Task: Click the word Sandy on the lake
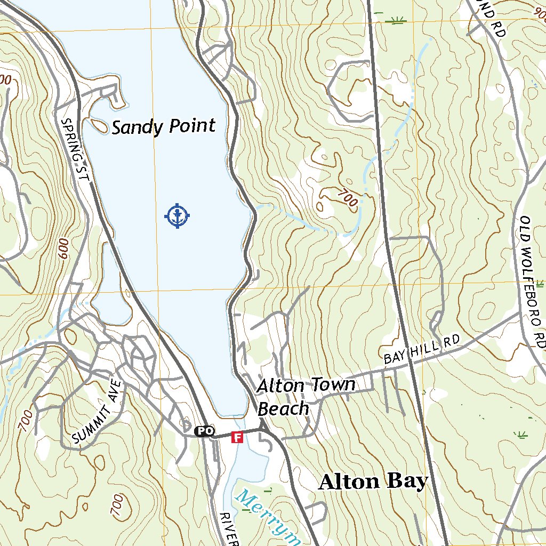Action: [138, 127]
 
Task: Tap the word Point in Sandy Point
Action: [192, 126]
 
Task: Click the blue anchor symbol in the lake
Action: [177, 215]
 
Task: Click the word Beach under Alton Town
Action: [283, 408]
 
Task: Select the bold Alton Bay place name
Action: [373, 481]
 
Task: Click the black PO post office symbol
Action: [204, 431]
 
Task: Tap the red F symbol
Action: [237, 438]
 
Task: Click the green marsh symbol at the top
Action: [396, 21]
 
